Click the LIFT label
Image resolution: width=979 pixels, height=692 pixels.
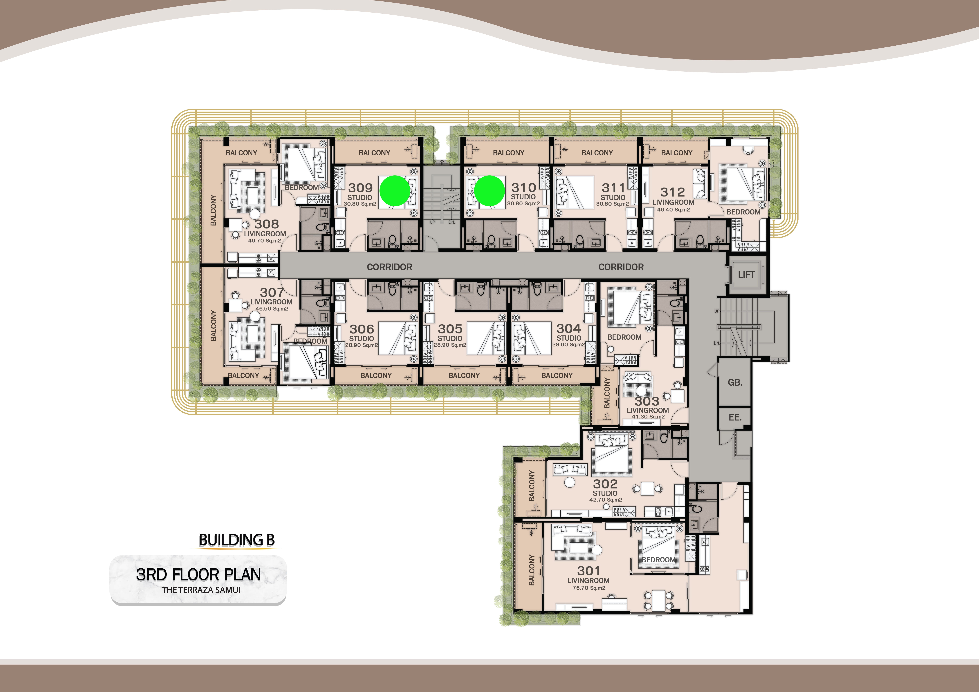point(746,275)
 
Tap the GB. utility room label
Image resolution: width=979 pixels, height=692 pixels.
point(735,382)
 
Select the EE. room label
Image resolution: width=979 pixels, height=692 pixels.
point(735,417)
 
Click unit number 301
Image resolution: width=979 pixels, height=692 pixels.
point(588,570)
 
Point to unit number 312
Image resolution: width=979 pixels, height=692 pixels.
point(672,192)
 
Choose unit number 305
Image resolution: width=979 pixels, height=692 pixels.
point(450,329)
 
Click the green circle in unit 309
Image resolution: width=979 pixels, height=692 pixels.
point(395,191)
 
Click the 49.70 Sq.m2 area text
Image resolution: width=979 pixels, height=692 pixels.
point(264,241)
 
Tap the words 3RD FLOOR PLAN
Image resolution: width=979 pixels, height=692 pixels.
point(198,574)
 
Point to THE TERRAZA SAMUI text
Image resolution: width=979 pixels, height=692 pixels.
point(201,590)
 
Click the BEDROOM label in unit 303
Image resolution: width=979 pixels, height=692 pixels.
point(624,337)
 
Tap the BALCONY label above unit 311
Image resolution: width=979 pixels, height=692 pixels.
point(597,153)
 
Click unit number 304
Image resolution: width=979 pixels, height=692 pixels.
point(568,329)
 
